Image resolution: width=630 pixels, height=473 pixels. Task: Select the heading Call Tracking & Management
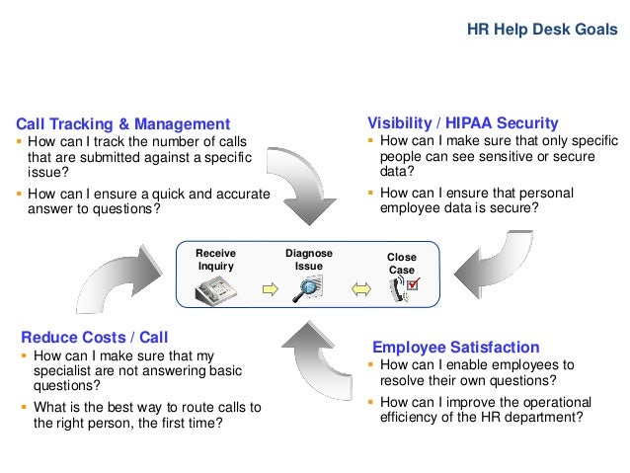point(122,124)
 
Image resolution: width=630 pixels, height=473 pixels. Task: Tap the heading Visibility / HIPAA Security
point(463,123)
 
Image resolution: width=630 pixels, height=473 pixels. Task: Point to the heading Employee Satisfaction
point(455,347)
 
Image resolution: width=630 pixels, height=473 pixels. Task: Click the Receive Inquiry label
point(216,259)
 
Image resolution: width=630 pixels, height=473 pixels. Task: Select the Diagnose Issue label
point(309,259)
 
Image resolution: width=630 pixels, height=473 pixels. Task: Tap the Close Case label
point(402,263)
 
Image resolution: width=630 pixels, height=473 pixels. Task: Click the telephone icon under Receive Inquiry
point(216,288)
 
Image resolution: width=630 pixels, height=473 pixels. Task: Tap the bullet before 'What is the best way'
point(22,407)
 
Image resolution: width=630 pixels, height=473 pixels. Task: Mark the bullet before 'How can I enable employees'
point(369,364)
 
